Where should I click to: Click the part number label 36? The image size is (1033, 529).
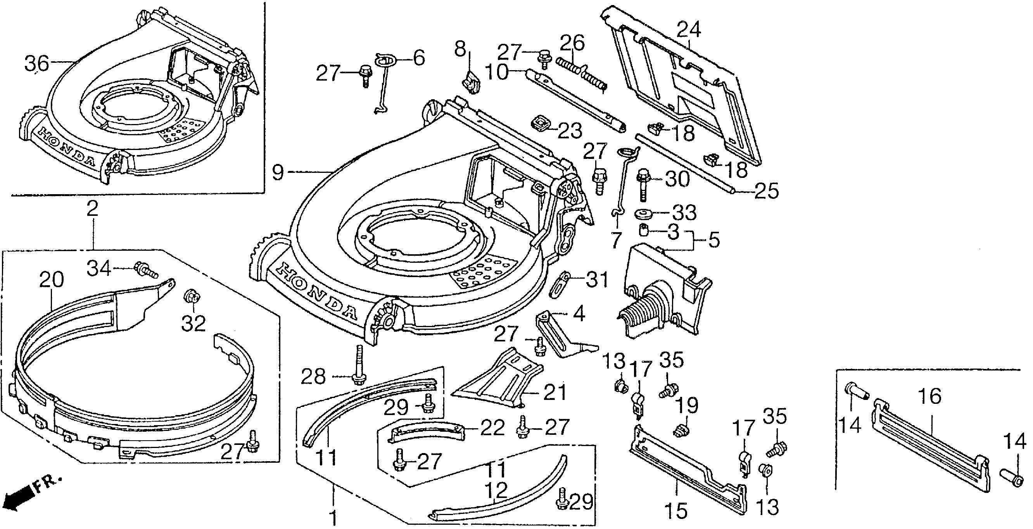point(36,64)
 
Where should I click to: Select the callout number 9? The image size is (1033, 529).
point(278,172)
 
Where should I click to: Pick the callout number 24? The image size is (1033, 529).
point(689,30)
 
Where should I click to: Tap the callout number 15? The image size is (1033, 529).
point(676,510)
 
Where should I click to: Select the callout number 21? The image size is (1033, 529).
point(555,392)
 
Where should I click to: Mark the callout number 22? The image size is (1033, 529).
point(492,428)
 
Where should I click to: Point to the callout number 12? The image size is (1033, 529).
point(496,490)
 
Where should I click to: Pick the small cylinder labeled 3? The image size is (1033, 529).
point(644,231)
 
